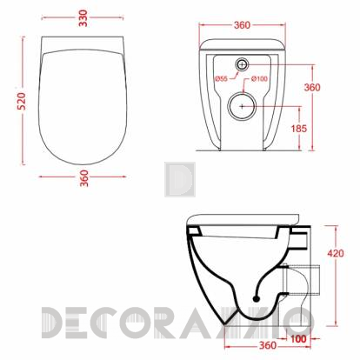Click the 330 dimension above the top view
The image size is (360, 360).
click(x=83, y=18)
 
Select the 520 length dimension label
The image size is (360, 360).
click(x=22, y=101)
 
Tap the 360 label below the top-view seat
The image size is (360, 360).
click(x=83, y=178)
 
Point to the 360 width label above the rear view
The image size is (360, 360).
click(x=242, y=25)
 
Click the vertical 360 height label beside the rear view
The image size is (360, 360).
click(x=312, y=87)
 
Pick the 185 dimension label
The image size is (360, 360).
click(x=299, y=129)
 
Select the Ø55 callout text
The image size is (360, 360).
click(x=221, y=78)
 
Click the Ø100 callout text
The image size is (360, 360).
click(x=259, y=78)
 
